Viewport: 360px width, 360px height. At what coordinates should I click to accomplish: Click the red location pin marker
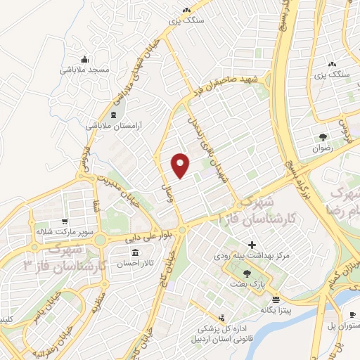coord(181,164)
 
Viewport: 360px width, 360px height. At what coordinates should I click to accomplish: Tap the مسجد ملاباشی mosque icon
coord(85,59)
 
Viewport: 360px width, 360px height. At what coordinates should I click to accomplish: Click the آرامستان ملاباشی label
coord(114,126)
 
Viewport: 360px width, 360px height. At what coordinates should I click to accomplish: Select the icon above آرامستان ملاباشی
coord(114,115)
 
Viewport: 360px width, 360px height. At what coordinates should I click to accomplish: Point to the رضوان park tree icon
coord(323,137)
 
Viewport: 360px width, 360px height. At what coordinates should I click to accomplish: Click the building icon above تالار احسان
coord(134,252)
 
